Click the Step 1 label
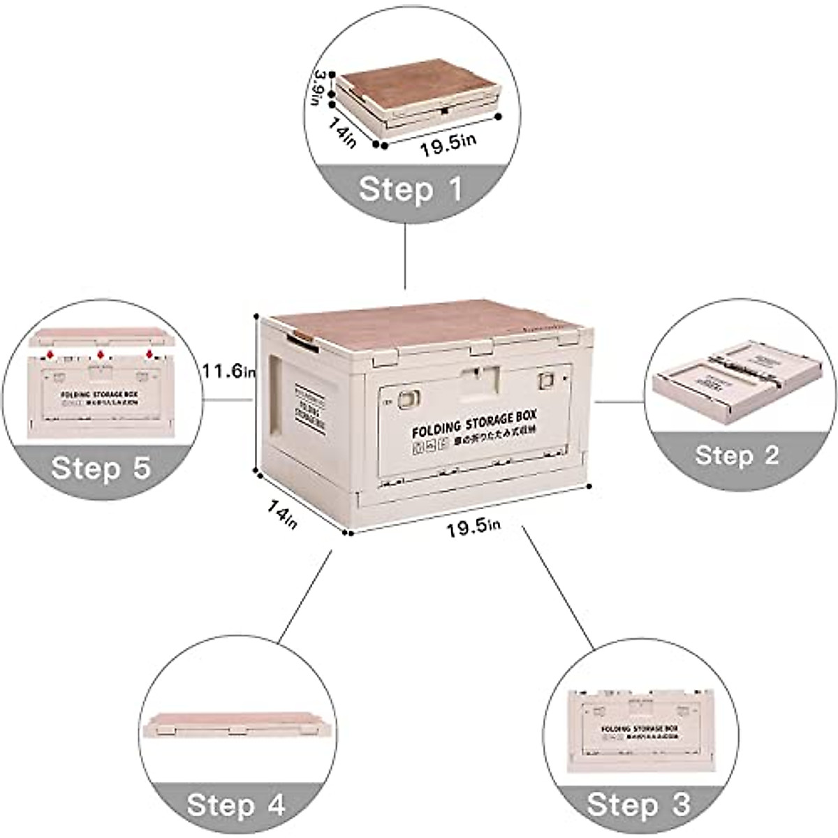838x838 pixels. point(411,189)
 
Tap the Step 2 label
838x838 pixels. point(736,455)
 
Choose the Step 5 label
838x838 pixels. point(101,467)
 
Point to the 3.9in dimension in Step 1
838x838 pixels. point(320,87)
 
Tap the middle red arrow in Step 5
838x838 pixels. point(101,355)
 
